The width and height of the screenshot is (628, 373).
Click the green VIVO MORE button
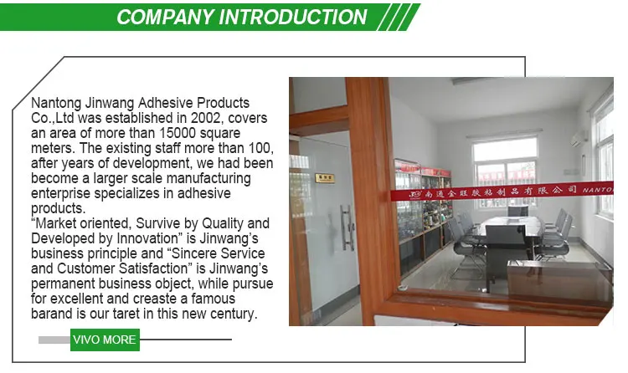coord(105,340)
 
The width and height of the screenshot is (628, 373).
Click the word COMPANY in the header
coord(165,18)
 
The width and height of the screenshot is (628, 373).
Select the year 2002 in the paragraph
coord(206,118)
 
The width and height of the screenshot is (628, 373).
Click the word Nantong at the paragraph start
coord(56,103)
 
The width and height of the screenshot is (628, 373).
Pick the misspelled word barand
coord(51,314)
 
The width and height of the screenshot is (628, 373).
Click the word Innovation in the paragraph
coord(147,238)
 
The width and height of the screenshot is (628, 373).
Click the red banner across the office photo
coord(502,192)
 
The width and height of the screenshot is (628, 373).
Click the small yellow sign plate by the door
coord(324,177)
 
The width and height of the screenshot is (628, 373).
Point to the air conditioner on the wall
coord(579,138)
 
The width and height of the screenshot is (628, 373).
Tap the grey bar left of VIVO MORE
coord(54,340)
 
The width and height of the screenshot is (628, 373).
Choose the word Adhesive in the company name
coord(166,103)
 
